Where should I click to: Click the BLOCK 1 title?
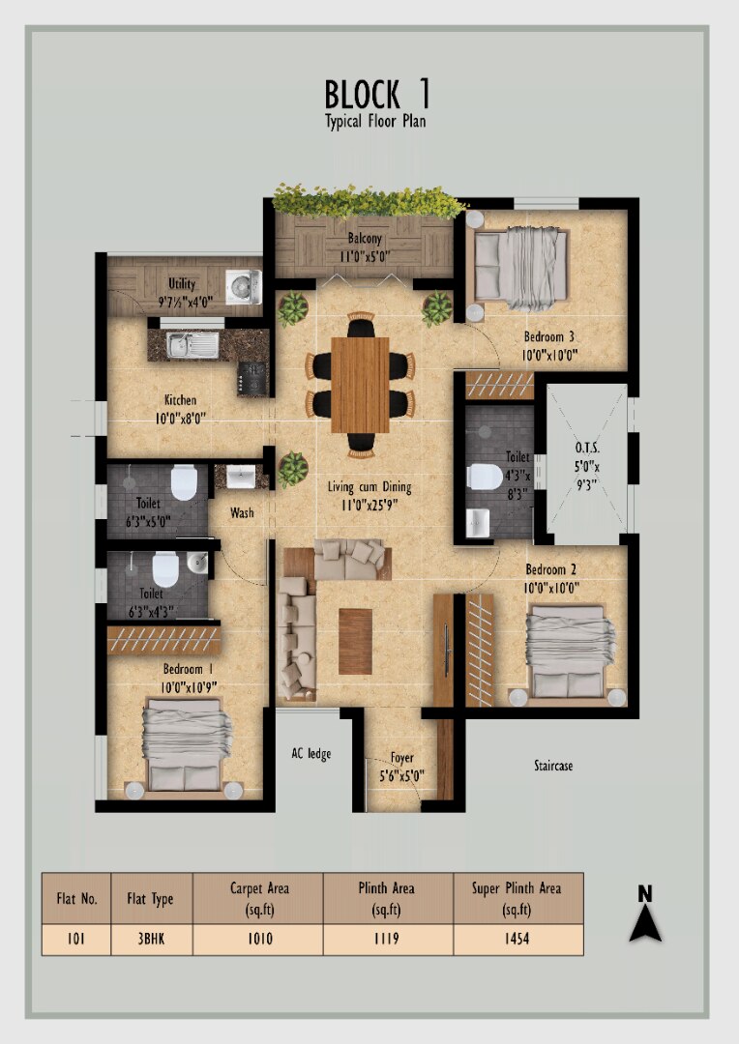click(x=377, y=94)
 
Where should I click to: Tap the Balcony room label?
click(x=365, y=239)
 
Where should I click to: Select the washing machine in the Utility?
click(x=243, y=287)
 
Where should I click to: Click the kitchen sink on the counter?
click(x=192, y=343)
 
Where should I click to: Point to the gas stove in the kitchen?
click(x=252, y=378)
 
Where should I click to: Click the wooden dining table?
click(x=360, y=385)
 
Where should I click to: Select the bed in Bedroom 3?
click(x=520, y=268)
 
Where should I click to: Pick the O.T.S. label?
click(x=587, y=449)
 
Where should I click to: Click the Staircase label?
click(x=553, y=766)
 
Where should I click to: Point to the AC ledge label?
click(x=311, y=754)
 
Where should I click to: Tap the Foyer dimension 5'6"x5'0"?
click(x=401, y=775)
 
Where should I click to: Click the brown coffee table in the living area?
click(x=355, y=641)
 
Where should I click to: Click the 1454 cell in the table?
click(x=517, y=939)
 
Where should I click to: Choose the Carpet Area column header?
click(x=259, y=898)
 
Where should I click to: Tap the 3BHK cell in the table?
click(x=151, y=939)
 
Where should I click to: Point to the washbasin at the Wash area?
click(x=241, y=477)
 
